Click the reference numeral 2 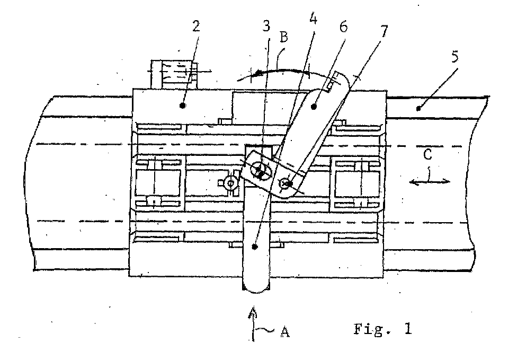[x=196, y=27]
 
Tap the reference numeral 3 [x=266, y=26]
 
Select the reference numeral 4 [x=313, y=19]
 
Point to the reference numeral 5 [x=454, y=57]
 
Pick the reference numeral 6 [x=344, y=27]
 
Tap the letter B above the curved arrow [x=283, y=37]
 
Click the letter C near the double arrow [x=427, y=154]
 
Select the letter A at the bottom [x=285, y=331]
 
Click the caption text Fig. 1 [x=383, y=329]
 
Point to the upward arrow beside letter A [x=253, y=324]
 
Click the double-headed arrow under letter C [x=429, y=181]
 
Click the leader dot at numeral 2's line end [x=183, y=106]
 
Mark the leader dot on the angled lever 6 [x=314, y=107]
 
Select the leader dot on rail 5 [x=418, y=108]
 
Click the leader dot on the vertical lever [x=254, y=246]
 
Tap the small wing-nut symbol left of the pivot [x=231, y=182]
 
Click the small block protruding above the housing [x=173, y=74]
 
